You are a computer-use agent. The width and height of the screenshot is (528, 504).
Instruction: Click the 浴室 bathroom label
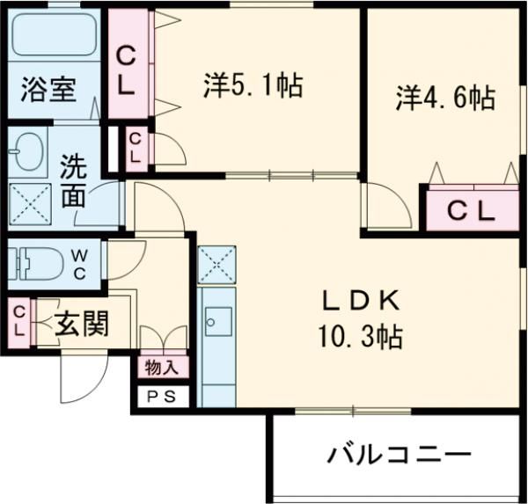click(x=49, y=91)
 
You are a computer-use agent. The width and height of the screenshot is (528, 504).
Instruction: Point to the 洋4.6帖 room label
click(x=444, y=97)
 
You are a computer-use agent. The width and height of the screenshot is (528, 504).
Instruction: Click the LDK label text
click(x=361, y=302)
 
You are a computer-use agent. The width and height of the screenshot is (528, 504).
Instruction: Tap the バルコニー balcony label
click(x=400, y=456)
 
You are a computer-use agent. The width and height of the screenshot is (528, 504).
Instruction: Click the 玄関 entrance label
click(x=83, y=325)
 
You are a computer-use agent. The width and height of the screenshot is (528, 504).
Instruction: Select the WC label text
click(x=79, y=263)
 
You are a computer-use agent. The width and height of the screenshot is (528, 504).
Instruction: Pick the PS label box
click(x=160, y=397)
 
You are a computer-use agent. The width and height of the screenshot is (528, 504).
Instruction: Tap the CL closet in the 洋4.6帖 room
click(x=472, y=210)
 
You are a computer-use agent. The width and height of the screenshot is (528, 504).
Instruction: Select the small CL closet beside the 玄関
click(x=18, y=319)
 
